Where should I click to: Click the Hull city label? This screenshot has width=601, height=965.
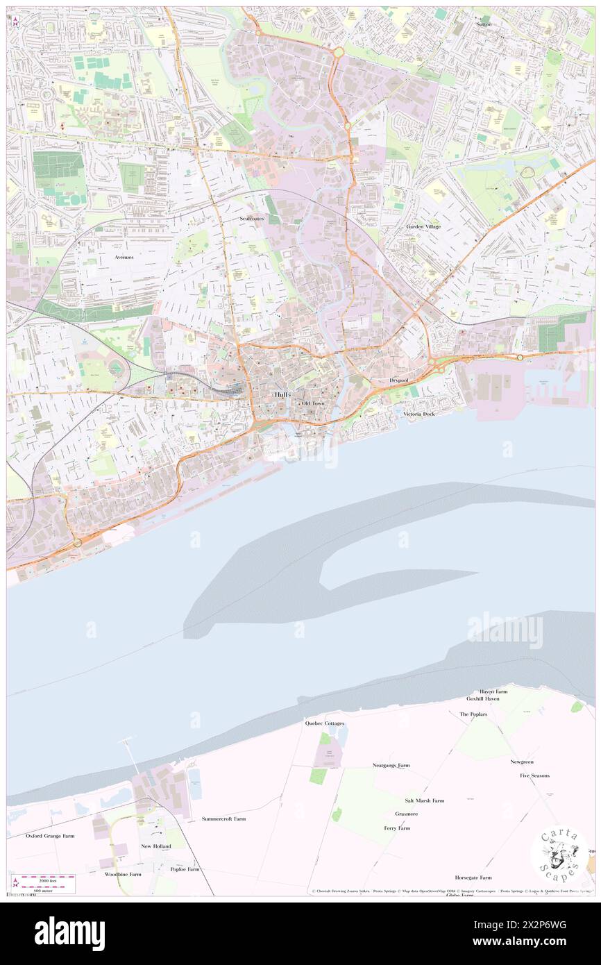(x=280, y=394)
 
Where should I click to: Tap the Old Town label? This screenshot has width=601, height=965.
(x=313, y=403)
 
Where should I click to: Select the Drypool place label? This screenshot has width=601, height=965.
(x=398, y=381)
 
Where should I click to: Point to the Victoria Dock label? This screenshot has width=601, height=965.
(x=419, y=414)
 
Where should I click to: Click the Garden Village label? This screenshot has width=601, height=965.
(x=423, y=227)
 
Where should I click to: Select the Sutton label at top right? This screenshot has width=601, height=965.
(x=484, y=24)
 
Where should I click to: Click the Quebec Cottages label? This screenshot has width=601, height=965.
(x=325, y=723)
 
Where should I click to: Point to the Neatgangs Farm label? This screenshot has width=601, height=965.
(x=391, y=765)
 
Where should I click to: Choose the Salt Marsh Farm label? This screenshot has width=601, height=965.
(x=425, y=800)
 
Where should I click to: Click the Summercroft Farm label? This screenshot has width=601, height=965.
(x=223, y=819)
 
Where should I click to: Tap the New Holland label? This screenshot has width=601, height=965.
(x=155, y=846)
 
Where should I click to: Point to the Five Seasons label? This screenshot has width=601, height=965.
(x=534, y=775)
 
